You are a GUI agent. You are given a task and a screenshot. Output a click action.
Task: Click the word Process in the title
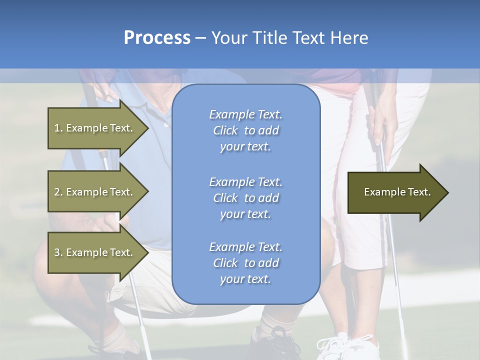click(x=157, y=38)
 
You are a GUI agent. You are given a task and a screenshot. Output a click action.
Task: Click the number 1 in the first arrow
click(x=57, y=128)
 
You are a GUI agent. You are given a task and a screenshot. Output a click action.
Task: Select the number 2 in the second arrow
click(x=57, y=192)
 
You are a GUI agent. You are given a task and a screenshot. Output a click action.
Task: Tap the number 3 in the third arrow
click(x=57, y=252)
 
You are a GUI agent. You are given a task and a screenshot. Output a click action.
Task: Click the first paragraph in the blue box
click(x=245, y=130)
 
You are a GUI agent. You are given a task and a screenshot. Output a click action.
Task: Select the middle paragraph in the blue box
click(x=245, y=198)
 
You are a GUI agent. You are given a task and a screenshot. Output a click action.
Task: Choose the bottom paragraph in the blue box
click(x=245, y=263)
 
